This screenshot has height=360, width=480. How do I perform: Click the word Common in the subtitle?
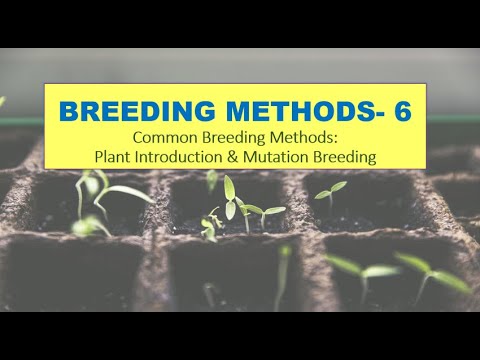(x=164, y=138)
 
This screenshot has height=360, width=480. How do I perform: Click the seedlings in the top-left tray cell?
(x=100, y=200)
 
